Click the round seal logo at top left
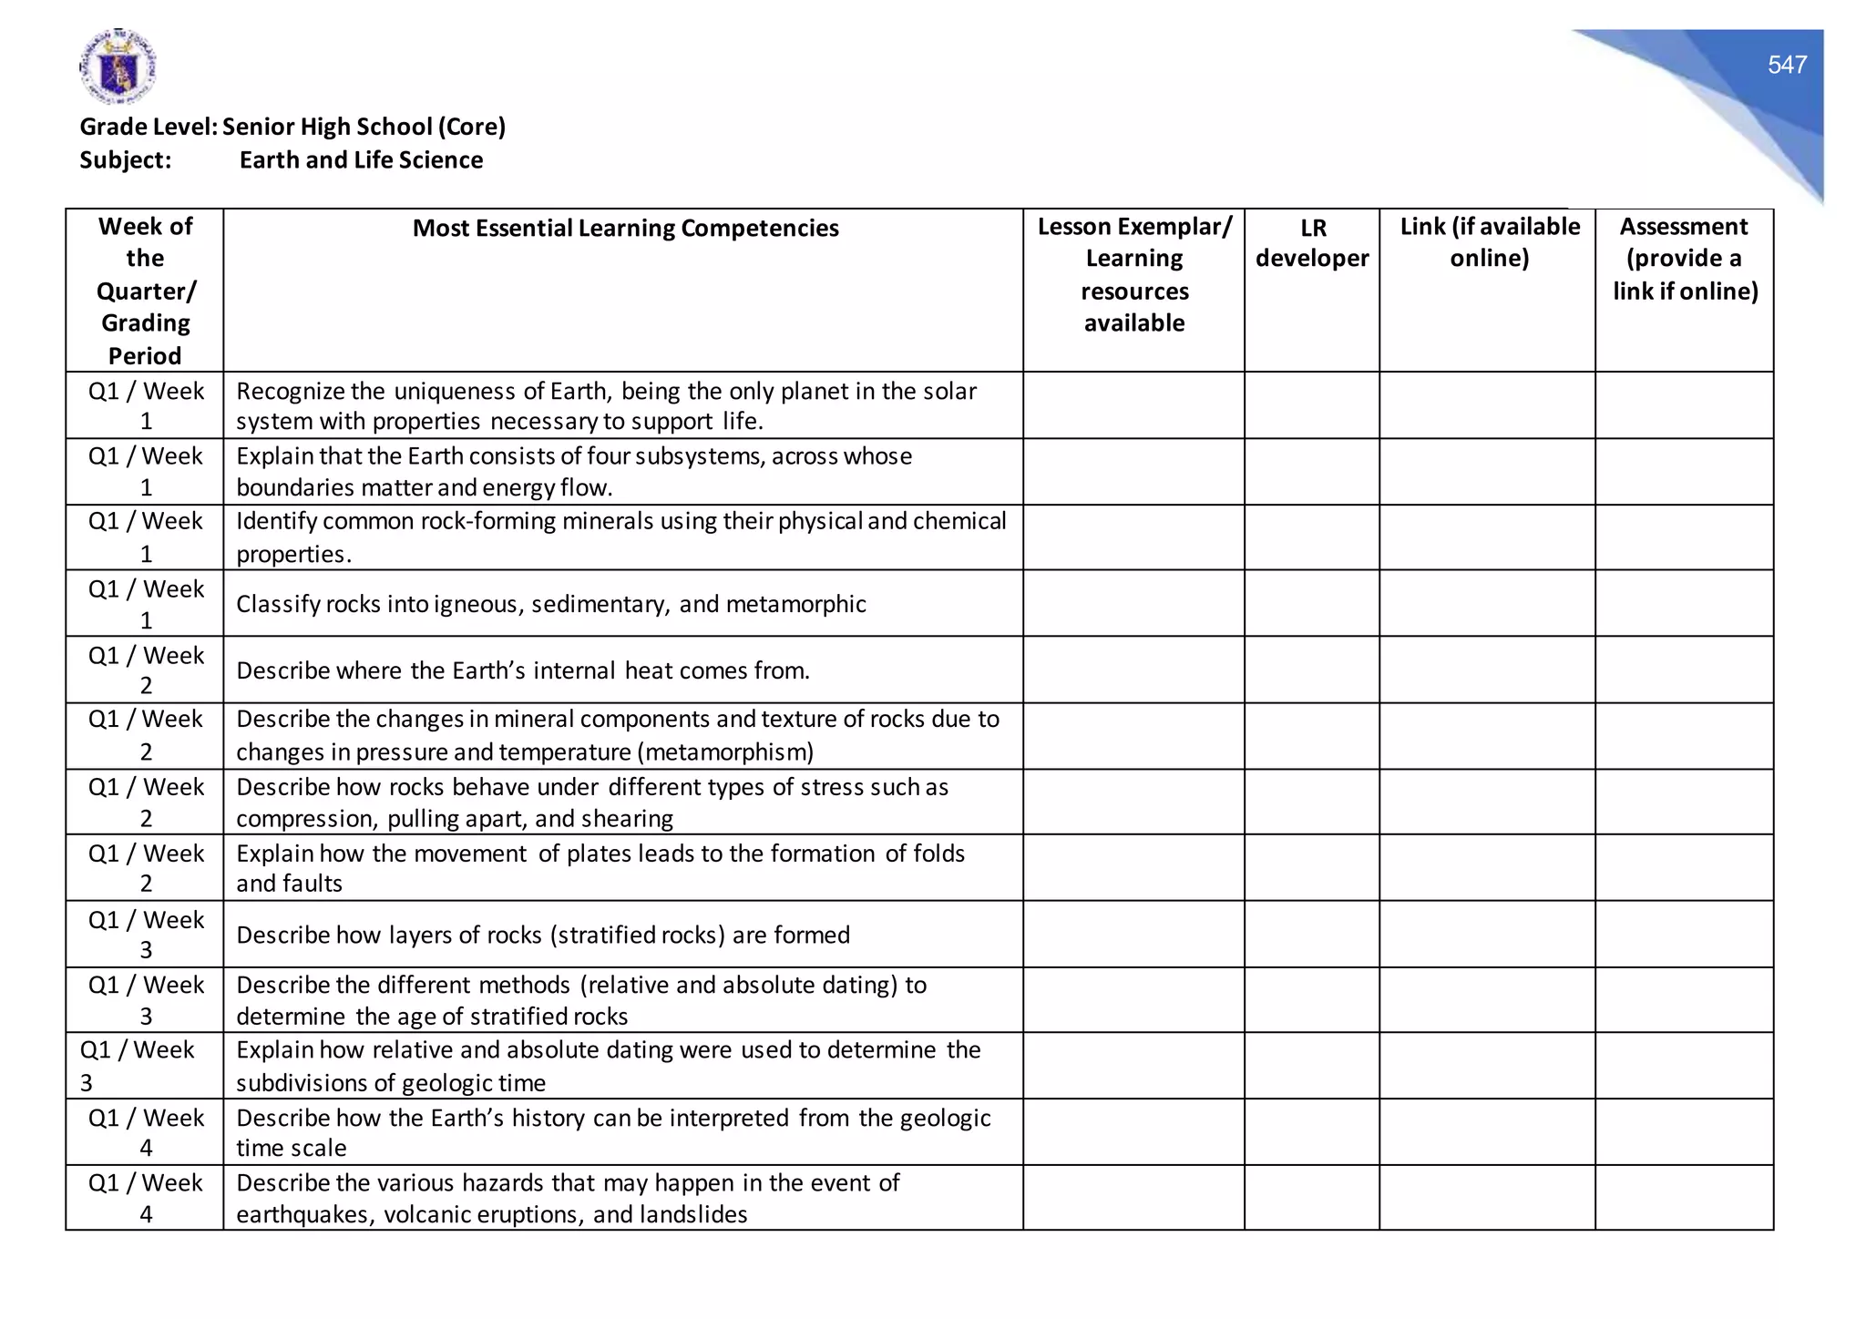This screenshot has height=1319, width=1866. [118, 66]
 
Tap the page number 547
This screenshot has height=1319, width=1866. [1787, 65]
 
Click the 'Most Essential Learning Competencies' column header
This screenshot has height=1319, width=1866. [625, 228]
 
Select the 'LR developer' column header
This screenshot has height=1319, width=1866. [1312, 243]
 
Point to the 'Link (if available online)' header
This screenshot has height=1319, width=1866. [1489, 242]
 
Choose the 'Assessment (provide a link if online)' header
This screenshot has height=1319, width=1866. [1685, 259]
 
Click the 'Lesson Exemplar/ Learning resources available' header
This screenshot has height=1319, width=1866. [1133, 274]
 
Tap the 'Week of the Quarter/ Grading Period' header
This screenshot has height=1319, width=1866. [145, 291]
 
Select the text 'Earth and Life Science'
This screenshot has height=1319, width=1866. [361, 160]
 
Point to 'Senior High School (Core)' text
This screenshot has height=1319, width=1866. [364, 127]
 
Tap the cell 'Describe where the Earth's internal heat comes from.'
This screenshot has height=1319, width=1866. [523, 671]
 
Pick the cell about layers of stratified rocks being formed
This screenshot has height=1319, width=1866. [543, 936]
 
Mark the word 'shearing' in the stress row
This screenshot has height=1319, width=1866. [627, 819]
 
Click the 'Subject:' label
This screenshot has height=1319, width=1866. [126, 160]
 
